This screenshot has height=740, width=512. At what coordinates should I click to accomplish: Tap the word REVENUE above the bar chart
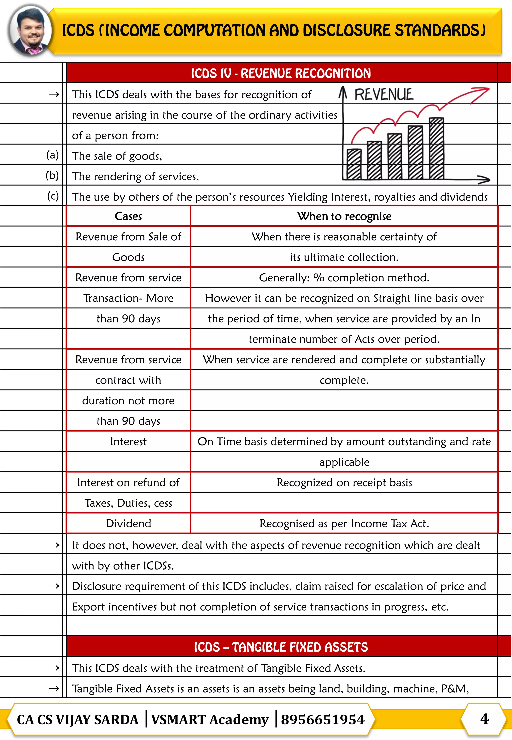pyautogui.click(x=384, y=95)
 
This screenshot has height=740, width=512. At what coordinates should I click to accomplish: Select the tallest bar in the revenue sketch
pyautogui.click(x=436, y=148)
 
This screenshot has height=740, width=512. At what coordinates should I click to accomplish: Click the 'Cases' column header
pyautogui.click(x=128, y=216)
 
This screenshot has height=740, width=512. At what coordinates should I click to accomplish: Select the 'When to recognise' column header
pyautogui.click(x=344, y=216)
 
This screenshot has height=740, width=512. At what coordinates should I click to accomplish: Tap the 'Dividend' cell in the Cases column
pyautogui.click(x=128, y=523)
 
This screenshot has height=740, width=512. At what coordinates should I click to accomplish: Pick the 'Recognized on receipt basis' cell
pyautogui.click(x=344, y=482)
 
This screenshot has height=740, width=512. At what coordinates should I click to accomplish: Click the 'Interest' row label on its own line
pyautogui.click(x=128, y=442)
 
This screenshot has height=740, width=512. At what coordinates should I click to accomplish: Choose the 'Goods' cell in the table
pyautogui.click(x=128, y=257)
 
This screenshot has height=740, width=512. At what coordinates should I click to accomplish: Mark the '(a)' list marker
pyautogui.click(x=52, y=155)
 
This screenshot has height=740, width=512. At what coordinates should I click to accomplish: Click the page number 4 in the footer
pyautogui.click(x=484, y=718)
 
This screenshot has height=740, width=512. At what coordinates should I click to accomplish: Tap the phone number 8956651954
pyautogui.click(x=323, y=719)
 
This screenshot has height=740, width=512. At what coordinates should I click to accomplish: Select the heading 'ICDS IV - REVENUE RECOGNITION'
pyautogui.click(x=281, y=73)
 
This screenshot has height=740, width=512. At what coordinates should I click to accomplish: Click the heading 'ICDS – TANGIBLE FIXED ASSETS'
pyautogui.click(x=281, y=647)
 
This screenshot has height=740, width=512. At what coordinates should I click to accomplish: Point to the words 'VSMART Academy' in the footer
pyautogui.click(x=210, y=719)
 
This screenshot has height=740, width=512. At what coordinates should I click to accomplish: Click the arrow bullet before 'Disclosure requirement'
pyautogui.click(x=54, y=586)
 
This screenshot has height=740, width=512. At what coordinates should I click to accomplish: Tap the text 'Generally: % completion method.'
pyautogui.click(x=344, y=278)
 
